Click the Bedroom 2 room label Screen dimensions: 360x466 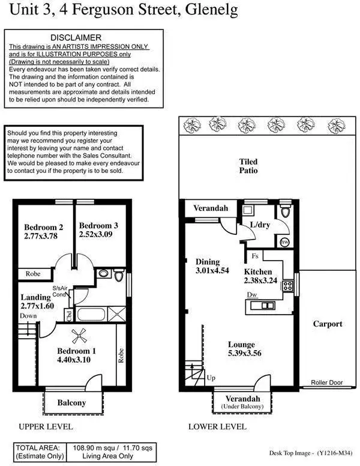pos(44,227)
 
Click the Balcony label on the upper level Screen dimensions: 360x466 pos(71,403)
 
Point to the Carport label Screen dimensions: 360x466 pos(328,324)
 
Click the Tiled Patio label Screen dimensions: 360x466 pos(248,166)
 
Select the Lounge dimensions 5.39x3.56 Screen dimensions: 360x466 pos(244,354)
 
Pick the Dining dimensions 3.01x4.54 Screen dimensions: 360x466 pos(212,271)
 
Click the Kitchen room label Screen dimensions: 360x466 pos(258,271)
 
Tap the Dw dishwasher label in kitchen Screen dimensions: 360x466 pos(252,294)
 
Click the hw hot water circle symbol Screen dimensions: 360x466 pos(286,243)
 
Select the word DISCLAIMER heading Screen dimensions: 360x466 pos(76,38)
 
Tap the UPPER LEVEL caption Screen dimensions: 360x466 pos(46,427)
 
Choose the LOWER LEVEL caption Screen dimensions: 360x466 pos(217,427)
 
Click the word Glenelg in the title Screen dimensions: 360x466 pos(208,10)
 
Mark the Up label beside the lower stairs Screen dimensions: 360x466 pos(210,379)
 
